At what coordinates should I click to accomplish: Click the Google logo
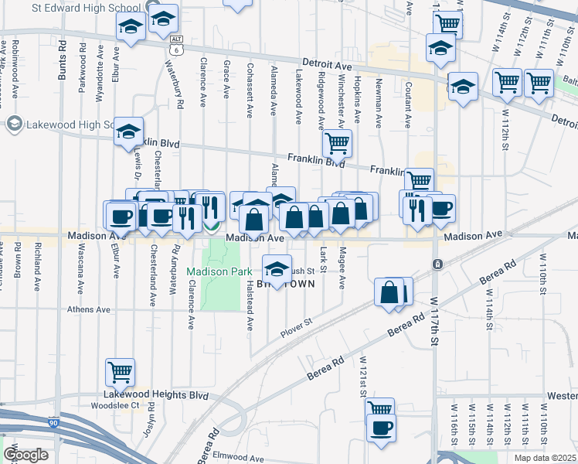point(25,454)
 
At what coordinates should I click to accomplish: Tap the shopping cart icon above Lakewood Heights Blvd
point(121,372)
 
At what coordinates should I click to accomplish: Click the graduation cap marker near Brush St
point(277,268)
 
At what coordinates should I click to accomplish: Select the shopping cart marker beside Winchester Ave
point(337,142)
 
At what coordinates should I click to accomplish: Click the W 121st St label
point(362,374)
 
